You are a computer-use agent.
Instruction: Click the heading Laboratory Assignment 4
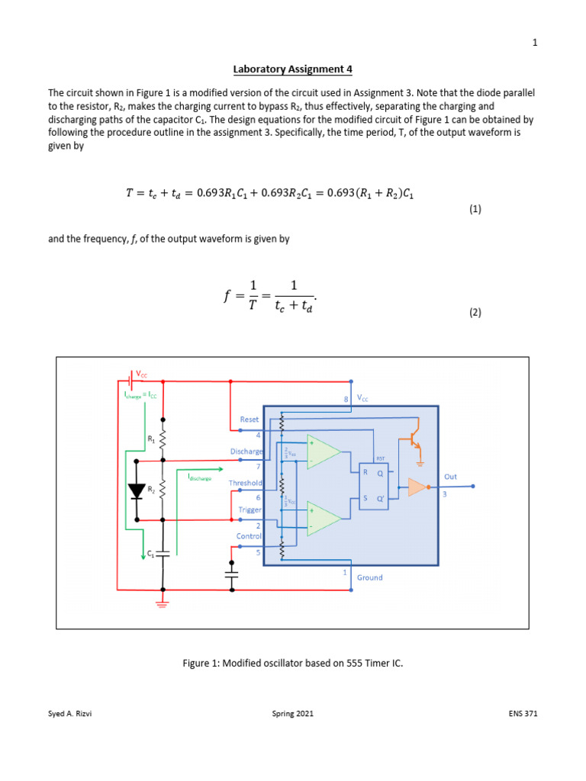293,69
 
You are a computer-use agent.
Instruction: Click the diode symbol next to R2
137,491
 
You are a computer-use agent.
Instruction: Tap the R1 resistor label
150,439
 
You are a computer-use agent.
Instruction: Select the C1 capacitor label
151,555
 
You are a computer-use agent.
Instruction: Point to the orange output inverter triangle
418,487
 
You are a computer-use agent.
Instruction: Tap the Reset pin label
250,419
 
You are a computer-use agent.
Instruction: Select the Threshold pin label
245,483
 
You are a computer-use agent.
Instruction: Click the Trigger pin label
250,509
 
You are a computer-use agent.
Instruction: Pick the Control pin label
250,536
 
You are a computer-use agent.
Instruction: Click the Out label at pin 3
451,477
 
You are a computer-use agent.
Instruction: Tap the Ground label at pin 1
370,577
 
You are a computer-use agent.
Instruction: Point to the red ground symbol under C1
163,603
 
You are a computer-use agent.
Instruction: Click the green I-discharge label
199,477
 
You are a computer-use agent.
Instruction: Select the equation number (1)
475,209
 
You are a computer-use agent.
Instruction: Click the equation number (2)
475,312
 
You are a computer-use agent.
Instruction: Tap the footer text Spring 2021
293,714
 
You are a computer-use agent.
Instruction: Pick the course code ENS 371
523,714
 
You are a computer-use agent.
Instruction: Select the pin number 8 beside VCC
347,398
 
